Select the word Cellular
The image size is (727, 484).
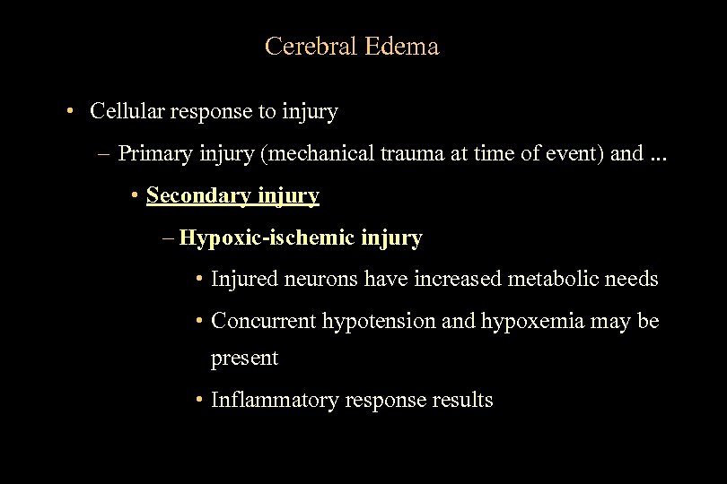(126, 112)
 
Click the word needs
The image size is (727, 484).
(633, 279)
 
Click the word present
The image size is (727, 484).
(244, 359)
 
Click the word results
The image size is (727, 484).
(463, 400)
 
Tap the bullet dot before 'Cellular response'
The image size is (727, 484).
(69, 113)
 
